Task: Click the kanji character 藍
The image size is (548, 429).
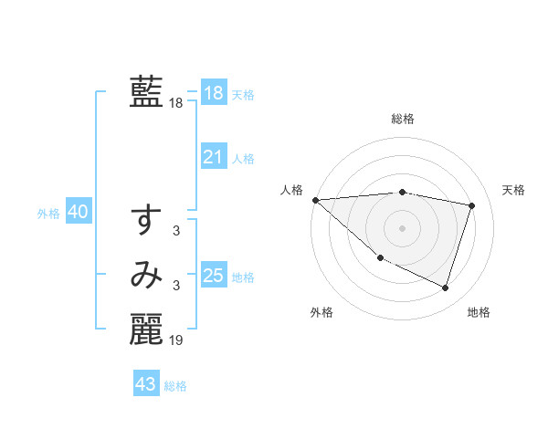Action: coord(146,92)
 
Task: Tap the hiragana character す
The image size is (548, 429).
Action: coord(146,220)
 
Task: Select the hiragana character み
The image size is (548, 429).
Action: coord(146,275)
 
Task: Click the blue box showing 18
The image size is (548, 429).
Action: coord(213,93)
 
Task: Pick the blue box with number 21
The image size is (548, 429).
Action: coord(213,157)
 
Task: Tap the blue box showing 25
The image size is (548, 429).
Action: coord(213,275)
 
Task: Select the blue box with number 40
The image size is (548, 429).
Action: coord(78,212)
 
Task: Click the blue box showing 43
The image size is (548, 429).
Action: coord(145,384)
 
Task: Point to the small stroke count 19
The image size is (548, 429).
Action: coord(176,340)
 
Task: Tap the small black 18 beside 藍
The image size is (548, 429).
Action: coord(176,104)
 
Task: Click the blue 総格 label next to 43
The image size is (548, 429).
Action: coord(176,386)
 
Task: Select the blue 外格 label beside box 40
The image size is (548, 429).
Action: coord(48,214)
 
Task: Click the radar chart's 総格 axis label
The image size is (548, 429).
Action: coord(403,119)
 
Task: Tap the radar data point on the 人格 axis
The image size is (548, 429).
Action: coord(315,199)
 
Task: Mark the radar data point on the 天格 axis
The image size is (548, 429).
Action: coord(472,205)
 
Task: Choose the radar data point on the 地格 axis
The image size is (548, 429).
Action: coord(446,288)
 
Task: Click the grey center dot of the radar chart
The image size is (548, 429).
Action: coord(403,227)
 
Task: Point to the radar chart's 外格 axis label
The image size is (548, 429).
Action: coord(321,312)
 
